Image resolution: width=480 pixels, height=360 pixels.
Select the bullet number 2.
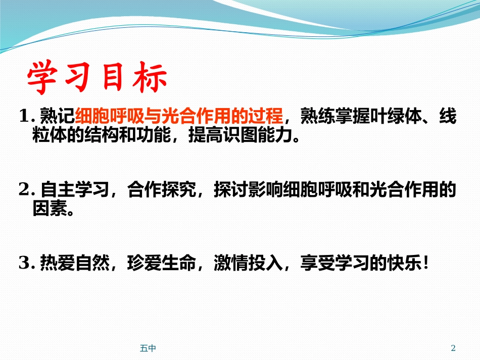pos(24,190)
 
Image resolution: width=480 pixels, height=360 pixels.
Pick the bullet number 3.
pos(24,263)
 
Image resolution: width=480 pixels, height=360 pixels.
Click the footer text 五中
pos(148,348)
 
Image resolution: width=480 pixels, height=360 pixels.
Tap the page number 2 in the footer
pos(453,348)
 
